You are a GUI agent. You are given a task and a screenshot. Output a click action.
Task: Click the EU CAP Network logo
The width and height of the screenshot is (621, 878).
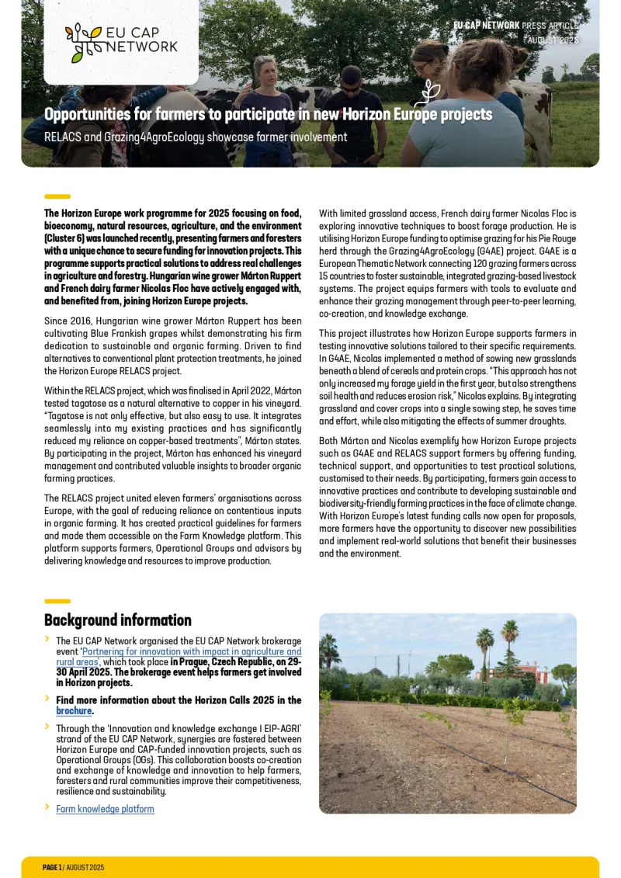point(121,42)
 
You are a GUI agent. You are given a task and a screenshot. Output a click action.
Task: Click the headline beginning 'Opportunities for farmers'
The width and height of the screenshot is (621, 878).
point(268,115)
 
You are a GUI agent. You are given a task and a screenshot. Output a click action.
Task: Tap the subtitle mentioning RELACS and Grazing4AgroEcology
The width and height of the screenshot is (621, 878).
point(196,137)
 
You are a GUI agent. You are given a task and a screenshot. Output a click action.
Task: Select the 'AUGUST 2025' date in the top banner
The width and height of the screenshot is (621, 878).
point(553,40)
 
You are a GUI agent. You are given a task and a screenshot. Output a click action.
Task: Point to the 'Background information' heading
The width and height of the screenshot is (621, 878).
point(118,620)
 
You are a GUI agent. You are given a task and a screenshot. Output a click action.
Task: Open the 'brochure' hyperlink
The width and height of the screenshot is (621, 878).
point(74,711)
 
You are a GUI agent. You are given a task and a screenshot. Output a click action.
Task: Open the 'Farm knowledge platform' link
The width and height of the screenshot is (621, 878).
point(105,809)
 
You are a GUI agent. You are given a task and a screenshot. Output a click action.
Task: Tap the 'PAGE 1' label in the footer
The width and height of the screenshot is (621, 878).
point(52,867)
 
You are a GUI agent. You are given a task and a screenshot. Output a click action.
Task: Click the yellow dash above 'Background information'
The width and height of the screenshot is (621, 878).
point(57,601)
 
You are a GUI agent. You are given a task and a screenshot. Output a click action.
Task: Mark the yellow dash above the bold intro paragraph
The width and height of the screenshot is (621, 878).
point(57,196)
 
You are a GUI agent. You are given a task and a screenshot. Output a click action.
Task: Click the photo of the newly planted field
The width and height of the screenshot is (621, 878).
point(447,713)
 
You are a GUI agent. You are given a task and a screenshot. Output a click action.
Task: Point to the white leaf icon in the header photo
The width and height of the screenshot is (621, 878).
point(428,93)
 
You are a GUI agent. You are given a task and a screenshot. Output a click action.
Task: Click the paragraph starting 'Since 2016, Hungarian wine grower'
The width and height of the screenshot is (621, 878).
point(172,345)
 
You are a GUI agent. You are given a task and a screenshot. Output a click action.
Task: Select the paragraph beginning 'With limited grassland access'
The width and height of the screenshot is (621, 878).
point(447,263)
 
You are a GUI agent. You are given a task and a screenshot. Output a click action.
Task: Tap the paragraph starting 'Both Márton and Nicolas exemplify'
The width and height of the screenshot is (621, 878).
point(447,497)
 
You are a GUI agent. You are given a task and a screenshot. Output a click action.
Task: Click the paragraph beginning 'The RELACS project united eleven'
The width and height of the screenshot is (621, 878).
point(172,529)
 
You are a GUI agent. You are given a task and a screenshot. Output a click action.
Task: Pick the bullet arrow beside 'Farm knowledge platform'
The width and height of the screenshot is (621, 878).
point(47,807)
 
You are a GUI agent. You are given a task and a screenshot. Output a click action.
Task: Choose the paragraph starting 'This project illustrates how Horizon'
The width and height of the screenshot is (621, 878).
point(447,377)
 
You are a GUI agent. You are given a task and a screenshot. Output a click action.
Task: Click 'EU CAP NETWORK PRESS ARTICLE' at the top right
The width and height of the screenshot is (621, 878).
point(515,26)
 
